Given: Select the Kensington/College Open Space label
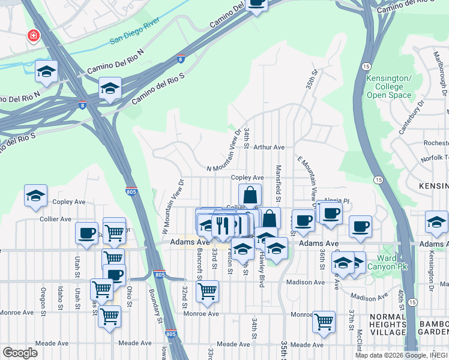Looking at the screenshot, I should tap(389, 87).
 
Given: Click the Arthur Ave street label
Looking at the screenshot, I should tap(268, 147).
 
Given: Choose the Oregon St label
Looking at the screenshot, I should tap(43, 298).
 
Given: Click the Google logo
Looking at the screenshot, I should tap(20, 353).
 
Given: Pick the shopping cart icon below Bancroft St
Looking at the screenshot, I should tap(207, 291).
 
